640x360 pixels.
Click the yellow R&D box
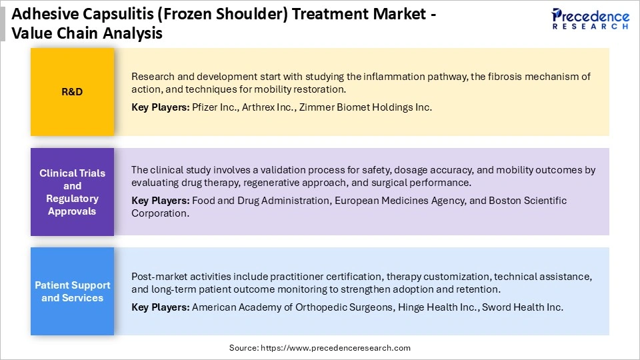pyautogui.click(x=72, y=92)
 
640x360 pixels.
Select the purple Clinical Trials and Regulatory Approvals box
pyautogui.click(x=72, y=192)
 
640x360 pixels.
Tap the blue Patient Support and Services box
pyautogui.click(x=72, y=291)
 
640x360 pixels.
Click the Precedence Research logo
pyautogui.click(x=589, y=19)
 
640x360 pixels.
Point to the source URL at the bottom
pyautogui.click(x=320, y=348)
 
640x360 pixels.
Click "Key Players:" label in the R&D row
pyautogui.click(x=160, y=107)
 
